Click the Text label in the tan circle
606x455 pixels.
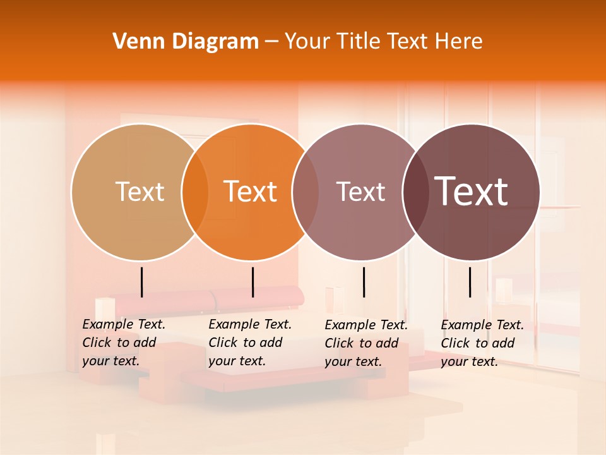point(140,191)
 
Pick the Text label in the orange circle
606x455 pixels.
point(251,191)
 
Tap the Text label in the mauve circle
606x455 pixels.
point(361,191)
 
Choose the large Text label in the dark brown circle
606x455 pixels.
point(472,191)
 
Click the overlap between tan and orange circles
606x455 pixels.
point(195,191)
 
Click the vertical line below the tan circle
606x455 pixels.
point(142,282)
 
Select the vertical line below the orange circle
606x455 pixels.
point(252,282)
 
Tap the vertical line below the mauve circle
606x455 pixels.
point(364,282)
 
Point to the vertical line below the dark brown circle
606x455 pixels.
point(470,282)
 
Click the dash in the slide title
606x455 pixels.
point(271,42)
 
